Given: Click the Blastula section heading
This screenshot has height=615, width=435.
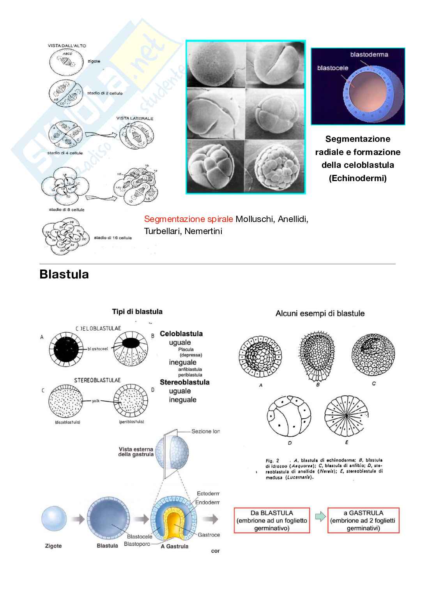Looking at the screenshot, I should click(64, 274).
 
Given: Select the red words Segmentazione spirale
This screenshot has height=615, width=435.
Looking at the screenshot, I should click(188, 219).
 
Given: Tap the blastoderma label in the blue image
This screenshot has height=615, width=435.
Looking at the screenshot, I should click(369, 55).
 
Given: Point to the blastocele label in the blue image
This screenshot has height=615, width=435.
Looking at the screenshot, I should click(332, 68).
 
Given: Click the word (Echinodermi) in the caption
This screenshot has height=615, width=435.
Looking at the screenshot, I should click(357, 178).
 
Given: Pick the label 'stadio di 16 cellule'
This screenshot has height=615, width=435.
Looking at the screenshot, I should click(113, 238).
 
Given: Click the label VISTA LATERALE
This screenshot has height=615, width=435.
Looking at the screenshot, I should click(134, 118).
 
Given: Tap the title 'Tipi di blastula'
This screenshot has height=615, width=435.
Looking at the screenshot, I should click(137, 312).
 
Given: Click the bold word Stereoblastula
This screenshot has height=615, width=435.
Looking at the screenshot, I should click(184, 382).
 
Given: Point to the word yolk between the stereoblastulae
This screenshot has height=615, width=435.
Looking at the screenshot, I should click(95, 401).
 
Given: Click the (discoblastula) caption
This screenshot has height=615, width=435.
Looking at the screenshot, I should click(68, 422).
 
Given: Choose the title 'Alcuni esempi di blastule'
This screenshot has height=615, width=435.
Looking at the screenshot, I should click(320, 314).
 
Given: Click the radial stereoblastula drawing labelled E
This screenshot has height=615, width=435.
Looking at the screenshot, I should click(346, 416).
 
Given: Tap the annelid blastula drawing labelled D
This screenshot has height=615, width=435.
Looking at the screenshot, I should click(289, 417).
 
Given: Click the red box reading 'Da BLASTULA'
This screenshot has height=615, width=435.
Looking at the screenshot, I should click(272, 520).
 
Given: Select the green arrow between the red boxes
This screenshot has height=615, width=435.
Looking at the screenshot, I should click(319, 517).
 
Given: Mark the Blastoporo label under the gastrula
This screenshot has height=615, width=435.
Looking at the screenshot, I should click(137, 544).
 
